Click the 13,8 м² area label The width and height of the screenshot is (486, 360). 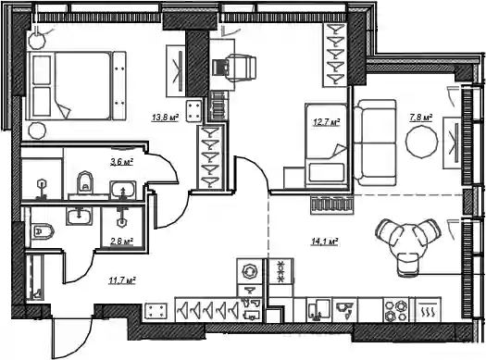pyautogui.click(x=165, y=118)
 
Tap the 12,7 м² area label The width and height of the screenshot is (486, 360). pyautogui.click(x=327, y=122)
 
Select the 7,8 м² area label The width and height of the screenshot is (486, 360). pyautogui.click(x=421, y=118)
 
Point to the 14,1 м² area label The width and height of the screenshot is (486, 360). pyautogui.click(x=324, y=242)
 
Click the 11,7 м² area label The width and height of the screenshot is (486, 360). pyautogui.click(x=122, y=281)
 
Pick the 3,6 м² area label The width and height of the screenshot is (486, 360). pyautogui.click(x=122, y=162)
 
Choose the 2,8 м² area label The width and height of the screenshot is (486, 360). pyautogui.click(x=122, y=242)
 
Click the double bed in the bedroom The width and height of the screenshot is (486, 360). pyautogui.click(x=76, y=86)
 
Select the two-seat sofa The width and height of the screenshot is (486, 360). pyautogui.click(x=375, y=143)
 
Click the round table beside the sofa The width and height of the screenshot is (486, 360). pyautogui.click(x=422, y=143)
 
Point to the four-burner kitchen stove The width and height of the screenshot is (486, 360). pyautogui.click(x=396, y=310)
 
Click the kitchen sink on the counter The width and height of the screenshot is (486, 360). pyautogui.click(x=319, y=310)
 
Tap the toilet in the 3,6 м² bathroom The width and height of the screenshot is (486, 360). pyautogui.click(x=85, y=182)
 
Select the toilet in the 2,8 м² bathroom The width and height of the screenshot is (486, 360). pyautogui.click(x=43, y=230)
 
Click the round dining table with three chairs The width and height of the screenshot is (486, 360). pyautogui.click(x=406, y=243)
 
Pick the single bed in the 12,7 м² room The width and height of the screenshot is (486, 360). pyautogui.click(x=326, y=145)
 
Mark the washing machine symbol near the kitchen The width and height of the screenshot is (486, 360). pyautogui.click(x=250, y=271)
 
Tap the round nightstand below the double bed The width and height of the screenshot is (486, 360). pyautogui.click(x=37, y=130)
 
